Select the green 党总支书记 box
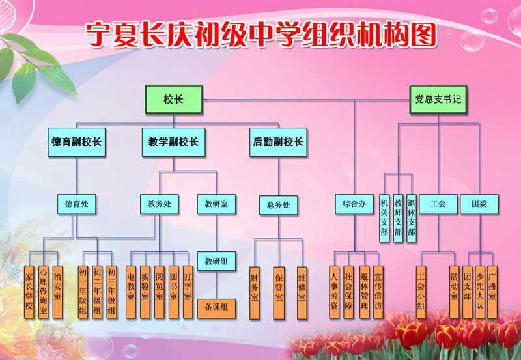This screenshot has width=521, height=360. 438,100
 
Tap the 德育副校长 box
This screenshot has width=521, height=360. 77,142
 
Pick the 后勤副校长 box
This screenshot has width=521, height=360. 277,142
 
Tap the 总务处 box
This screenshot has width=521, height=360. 278,205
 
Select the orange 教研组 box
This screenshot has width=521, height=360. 216,262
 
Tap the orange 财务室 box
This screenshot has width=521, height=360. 255,290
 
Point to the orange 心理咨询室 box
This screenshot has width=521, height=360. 43,290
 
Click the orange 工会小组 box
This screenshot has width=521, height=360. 421,290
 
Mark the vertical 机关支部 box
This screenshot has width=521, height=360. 384,217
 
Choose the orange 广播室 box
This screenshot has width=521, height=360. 492,290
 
